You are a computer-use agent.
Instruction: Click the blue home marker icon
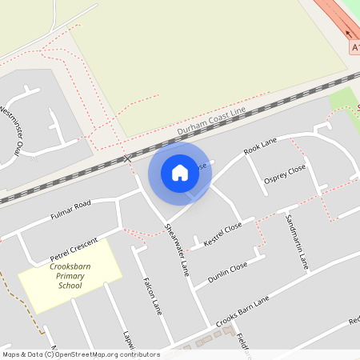point(180,172)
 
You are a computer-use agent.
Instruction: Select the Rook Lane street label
point(260,146)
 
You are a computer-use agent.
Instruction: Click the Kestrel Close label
point(222,234)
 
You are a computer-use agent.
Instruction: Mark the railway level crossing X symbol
point(127,158)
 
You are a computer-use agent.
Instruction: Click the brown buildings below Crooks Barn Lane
point(210,338)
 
